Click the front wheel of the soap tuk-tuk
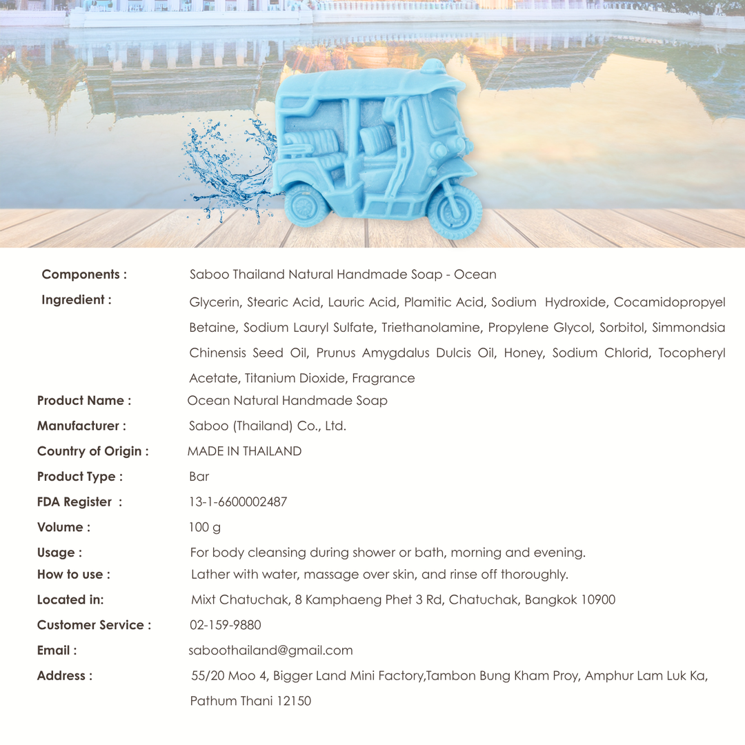coord(455,210)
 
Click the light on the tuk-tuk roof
coord(433,68)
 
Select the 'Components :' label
coord(84,275)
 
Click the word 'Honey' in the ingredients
coord(524,352)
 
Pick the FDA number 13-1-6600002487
coord(238,502)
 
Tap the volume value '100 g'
coord(205,528)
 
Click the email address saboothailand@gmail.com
coord(270,650)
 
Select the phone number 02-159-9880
coord(226,625)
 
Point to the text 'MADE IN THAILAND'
coord(244,452)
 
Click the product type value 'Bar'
coord(199,477)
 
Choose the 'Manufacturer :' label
coord(81,426)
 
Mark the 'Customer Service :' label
coord(94,625)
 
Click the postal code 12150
coord(294,701)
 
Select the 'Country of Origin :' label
coord(92,452)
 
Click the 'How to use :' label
coord(73,575)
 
